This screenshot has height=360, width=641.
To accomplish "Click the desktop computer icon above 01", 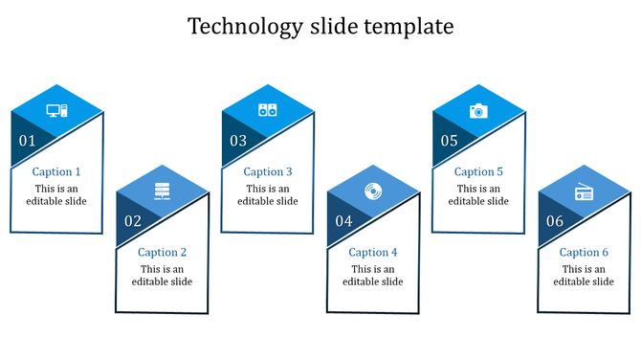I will pyautogui.click(x=56, y=111).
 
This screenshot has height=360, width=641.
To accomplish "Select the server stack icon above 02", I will pyautogui.click(x=162, y=191).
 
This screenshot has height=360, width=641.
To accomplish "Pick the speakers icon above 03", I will pyautogui.click(x=267, y=110).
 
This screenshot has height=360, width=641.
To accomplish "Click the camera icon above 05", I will pyautogui.click(x=477, y=111).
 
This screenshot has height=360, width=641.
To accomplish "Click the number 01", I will pyautogui.click(x=27, y=141).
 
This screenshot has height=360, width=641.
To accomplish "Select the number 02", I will pyautogui.click(x=132, y=221).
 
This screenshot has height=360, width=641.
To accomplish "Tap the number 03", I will pyautogui.click(x=237, y=141).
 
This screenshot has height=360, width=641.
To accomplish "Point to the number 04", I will pyautogui.click(x=343, y=221).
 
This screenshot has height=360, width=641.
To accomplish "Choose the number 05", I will pyautogui.click(x=449, y=141).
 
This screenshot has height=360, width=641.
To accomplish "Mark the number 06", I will pyautogui.click(x=554, y=221).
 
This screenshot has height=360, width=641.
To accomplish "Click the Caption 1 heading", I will pyautogui.click(x=56, y=172).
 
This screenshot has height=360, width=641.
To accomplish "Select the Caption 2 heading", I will pyautogui.click(x=162, y=253).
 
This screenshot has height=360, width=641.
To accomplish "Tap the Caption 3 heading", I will pyautogui.click(x=268, y=172).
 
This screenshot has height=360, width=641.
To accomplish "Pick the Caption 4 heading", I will pyautogui.click(x=373, y=253).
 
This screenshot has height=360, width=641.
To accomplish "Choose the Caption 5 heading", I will pyautogui.click(x=478, y=172).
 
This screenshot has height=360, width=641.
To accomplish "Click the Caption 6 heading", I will pyautogui.click(x=584, y=253).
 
